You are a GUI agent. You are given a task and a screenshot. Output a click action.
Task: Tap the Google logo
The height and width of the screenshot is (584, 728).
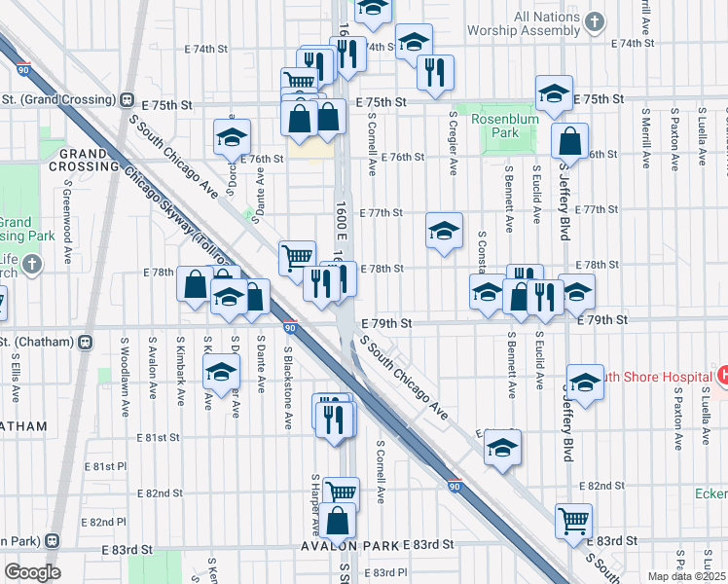click(33, 572)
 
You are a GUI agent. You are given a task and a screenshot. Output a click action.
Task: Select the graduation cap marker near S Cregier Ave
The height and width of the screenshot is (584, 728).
click(444, 232)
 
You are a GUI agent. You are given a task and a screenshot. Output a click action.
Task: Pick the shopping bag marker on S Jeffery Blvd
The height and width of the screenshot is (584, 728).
click(569, 141)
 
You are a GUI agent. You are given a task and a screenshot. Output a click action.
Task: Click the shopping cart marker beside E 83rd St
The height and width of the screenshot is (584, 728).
click(574, 520)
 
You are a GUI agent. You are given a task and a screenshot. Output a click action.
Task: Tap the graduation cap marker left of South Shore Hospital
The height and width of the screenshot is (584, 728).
click(586, 382)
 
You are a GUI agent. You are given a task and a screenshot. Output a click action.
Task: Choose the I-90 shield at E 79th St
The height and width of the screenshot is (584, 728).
click(290, 327)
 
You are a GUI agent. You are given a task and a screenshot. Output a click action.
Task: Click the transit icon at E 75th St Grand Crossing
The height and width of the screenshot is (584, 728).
click(127, 99)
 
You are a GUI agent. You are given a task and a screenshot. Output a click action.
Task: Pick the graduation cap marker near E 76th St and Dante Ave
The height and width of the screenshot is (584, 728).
click(233, 138)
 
